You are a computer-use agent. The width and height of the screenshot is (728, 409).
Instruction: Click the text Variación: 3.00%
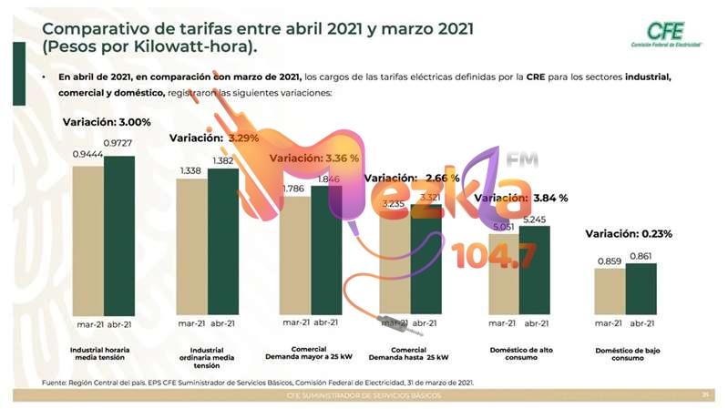pos(107,122)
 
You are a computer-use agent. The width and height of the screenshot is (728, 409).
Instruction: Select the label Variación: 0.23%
pos(629,234)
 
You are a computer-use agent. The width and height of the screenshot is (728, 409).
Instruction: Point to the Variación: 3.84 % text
pos(523,198)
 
